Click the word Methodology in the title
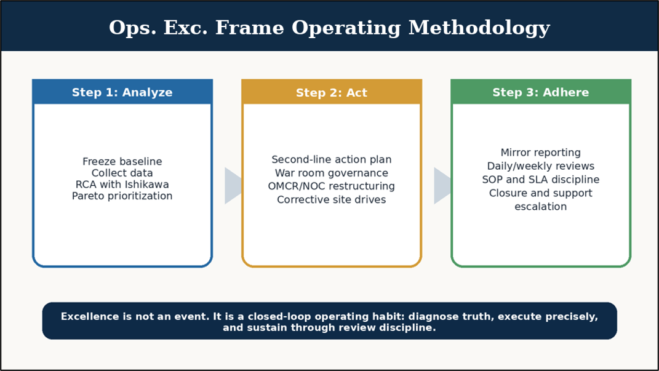pos(479,28)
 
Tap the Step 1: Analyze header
pos(122,92)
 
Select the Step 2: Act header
pos(332,92)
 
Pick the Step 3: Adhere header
pos(541,92)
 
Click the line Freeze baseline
pos(122,161)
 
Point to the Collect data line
pos(122,173)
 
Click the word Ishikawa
pos(146,185)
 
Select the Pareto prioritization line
pos(122,196)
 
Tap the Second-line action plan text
pos(332,160)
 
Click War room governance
pos(332,173)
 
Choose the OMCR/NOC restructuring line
pos(332,186)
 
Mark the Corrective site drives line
pos(332,199)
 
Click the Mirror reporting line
pos(541,153)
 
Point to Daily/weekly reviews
pos(541,166)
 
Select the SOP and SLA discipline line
pos(541,180)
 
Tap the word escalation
pos(541,207)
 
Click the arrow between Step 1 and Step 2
pos(233,186)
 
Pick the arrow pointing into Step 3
pos(442,186)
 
